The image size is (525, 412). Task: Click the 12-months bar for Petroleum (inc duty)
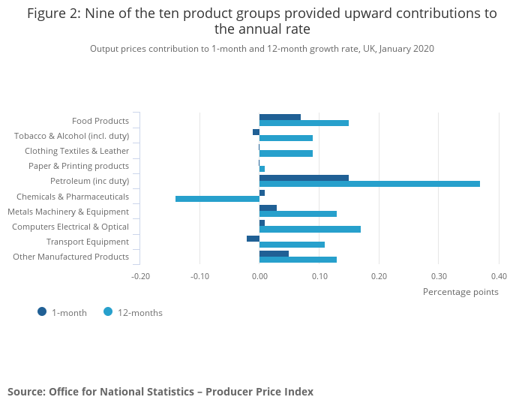(x=369, y=184)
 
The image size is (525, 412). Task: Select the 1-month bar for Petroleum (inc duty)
(x=304, y=178)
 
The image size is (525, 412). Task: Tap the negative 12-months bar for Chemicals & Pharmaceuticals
(x=217, y=199)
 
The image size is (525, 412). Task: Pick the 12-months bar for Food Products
(x=304, y=123)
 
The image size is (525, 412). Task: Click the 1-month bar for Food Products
(x=280, y=117)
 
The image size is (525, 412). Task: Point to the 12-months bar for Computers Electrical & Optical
(x=310, y=229)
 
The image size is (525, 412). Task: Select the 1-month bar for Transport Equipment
(x=253, y=239)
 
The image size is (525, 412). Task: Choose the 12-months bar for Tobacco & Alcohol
(x=286, y=138)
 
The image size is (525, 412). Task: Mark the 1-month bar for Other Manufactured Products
(x=274, y=254)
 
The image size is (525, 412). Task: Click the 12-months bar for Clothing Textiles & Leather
(x=286, y=153)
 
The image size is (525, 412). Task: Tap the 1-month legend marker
(x=42, y=311)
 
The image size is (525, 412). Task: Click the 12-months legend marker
(x=108, y=311)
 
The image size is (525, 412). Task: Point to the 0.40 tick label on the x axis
(x=499, y=276)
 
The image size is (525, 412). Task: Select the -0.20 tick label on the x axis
(x=140, y=276)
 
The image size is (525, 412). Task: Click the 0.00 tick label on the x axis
(x=259, y=276)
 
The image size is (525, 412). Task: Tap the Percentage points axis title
(x=460, y=292)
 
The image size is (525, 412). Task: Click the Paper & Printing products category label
(x=79, y=166)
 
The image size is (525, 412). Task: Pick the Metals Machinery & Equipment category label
(x=68, y=212)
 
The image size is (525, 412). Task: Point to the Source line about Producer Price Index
(x=160, y=392)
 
